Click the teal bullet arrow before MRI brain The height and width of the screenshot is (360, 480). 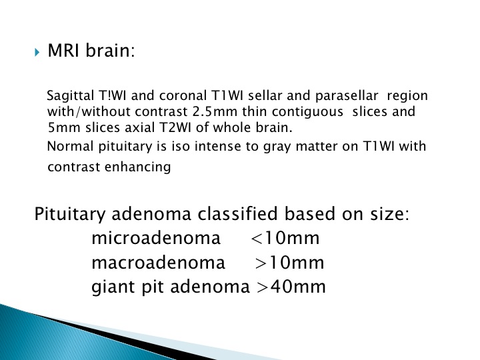tap(37, 53)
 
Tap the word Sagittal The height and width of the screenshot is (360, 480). tap(71, 97)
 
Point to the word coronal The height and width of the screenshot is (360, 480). tap(183, 96)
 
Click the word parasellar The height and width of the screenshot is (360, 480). tap(347, 97)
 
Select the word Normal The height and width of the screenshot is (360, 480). tap(71, 146)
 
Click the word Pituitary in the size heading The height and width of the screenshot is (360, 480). tap(70, 214)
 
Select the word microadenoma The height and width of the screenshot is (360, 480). tap(156, 238)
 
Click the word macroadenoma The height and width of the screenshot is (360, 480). tap(158, 263)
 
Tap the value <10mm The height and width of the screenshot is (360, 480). tap(285, 238)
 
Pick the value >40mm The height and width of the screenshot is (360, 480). tap(291, 287)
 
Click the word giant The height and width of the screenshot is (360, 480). tap(113, 288)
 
